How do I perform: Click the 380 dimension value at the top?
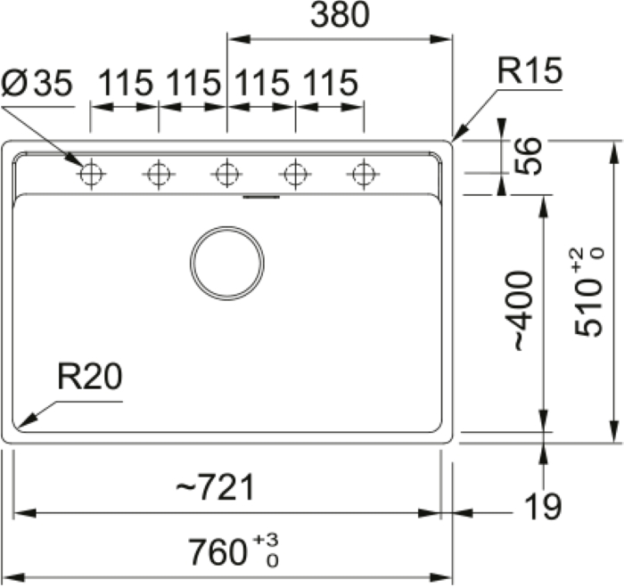pos(340,15)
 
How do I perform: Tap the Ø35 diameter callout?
pos(37,83)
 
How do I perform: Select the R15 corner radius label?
pos(530,70)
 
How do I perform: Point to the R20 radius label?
pos(90,376)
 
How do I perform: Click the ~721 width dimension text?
pos(216,487)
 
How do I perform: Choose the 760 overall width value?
pos(217,552)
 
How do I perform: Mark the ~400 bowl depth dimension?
pos(521,311)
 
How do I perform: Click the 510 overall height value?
pos(588,307)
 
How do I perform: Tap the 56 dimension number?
pos(528,156)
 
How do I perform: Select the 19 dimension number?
pos(543,506)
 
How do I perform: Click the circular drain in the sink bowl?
pos(226,264)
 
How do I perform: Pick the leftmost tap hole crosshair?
pos(91,174)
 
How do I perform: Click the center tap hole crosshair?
pos(226,174)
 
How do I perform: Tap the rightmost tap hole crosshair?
pos(364,174)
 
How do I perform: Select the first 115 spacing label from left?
pos(126,83)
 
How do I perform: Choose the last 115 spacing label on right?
pos(331,83)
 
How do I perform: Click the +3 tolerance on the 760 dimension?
pos(267,540)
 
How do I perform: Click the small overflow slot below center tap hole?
pos(261,197)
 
